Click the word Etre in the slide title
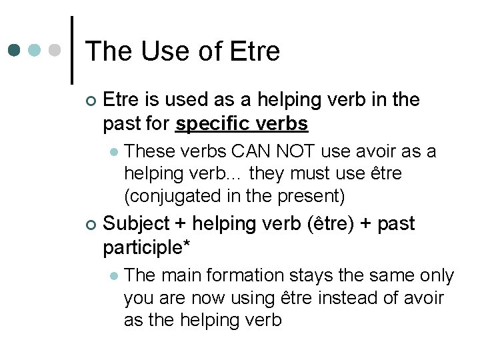click(x=254, y=51)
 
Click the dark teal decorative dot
click(x=15, y=50)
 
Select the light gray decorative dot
click(x=56, y=50)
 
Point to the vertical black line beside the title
click(x=72, y=50)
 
